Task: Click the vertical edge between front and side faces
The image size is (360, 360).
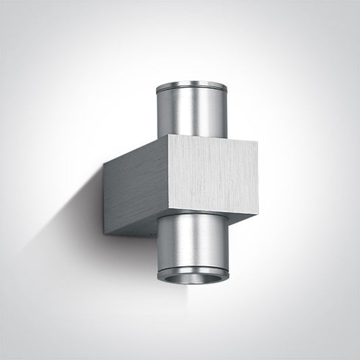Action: point(166,182)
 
